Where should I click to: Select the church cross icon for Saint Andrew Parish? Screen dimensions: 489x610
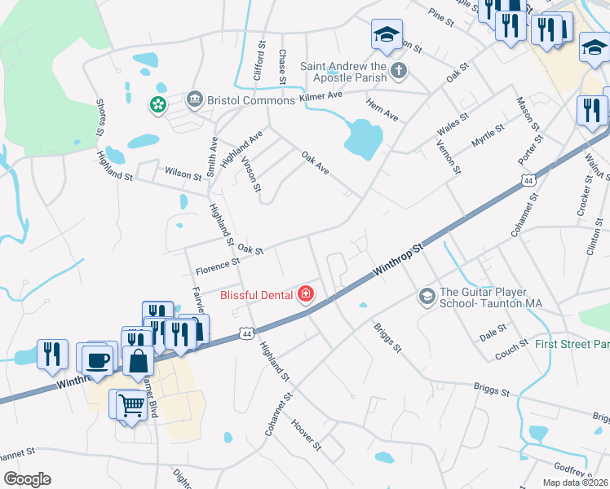(x=399, y=70)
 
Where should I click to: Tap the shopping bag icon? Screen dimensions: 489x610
(x=139, y=359)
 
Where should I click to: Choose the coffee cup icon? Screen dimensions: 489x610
(x=97, y=359)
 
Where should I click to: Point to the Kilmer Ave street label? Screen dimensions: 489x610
(x=320, y=97)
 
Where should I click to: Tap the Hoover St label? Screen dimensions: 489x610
(x=307, y=436)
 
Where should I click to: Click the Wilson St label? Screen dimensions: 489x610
(x=183, y=174)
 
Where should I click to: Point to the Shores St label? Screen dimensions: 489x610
(x=101, y=117)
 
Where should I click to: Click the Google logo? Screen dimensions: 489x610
(x=27, y=479)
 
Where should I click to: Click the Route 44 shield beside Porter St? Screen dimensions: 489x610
(x=530, y=180)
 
